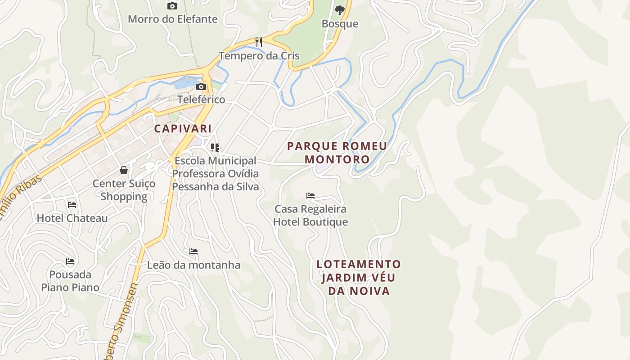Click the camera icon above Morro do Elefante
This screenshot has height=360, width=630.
172,6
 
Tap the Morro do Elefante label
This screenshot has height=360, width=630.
173,19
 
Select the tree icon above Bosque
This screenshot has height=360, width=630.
340,10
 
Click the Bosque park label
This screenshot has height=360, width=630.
340,24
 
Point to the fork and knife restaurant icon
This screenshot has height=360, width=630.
259,42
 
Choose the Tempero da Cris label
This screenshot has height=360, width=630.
259,56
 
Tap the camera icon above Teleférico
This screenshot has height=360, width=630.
201,86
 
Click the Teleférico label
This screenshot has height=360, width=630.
201,99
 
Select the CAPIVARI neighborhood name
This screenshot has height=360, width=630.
183,128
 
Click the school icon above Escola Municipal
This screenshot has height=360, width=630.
215,148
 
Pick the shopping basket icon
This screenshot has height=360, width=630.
124,170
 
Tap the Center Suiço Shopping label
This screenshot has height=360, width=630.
124,190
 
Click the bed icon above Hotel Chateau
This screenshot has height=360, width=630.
72,205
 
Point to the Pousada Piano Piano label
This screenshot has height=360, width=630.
70,281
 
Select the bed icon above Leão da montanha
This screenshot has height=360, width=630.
193,252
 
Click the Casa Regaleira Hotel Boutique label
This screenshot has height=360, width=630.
310,216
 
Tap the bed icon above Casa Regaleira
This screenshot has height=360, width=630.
310,196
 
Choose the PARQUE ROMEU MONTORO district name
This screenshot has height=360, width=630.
337,153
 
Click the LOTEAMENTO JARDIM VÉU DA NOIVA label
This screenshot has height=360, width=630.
359,277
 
